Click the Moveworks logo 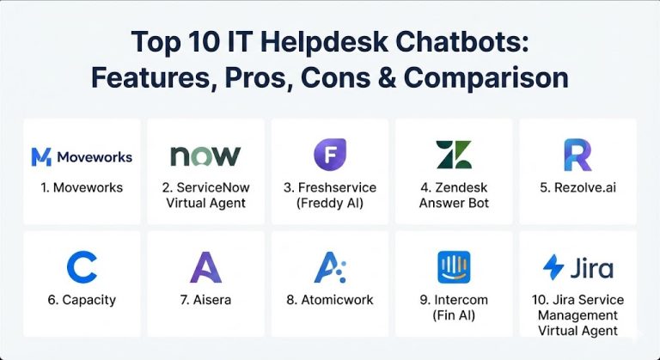[x=82, y=156]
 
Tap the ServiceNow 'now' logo [x=205, y=156]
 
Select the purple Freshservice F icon [x=329, y=155]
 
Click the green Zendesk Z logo [x=453, y=155]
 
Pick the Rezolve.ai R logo [x=577, y=155]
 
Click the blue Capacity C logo [x=82, y=267]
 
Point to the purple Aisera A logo [x=205, y=267]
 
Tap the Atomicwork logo [x=329, y=267]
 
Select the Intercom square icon [x=453, y=267]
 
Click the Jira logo [x=577, y=267]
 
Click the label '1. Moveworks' [x=82, y=187]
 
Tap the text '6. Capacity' [x=82, y=301]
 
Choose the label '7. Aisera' [x=205, y=301]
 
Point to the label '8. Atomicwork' [x=329, y=301]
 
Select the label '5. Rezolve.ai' [x=577, y=187]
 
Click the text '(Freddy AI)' [x=329, y=203]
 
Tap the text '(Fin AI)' [x=453, y=315]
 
